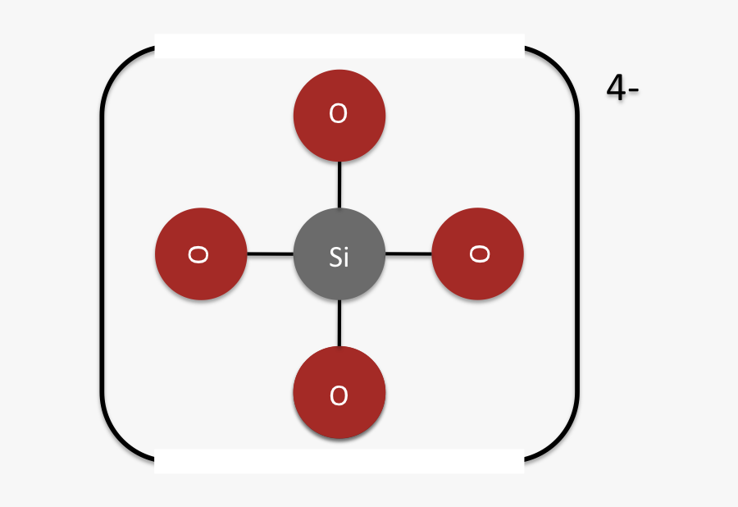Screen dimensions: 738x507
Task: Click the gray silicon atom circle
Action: (x=339, y=253)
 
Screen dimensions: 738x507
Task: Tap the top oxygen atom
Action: (x=339, y=116)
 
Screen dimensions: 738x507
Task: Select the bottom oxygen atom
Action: (x=339, y=392)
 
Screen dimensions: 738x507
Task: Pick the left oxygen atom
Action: (x=201, y=253)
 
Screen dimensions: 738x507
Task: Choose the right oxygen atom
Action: (x=478, y=253)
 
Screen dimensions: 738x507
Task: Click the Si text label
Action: (x=339, y=257)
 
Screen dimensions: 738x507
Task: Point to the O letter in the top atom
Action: (x=339, y=113)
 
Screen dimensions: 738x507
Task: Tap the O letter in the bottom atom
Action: (x=339, y=395)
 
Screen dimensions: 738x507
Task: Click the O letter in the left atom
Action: (x=198, y=254)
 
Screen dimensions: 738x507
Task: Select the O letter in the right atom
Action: (x=480, y=253)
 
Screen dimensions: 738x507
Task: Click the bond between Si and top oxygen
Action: (x=339, y=185)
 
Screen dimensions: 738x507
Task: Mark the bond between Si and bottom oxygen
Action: (x=339, y=323)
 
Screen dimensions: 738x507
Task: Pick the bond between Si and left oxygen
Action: (x=270, y=254)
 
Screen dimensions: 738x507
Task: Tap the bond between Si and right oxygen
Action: (x=408, y=253)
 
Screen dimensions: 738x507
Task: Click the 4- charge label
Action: (x=622, y=88)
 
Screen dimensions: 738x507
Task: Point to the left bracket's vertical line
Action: (x=102, y=253)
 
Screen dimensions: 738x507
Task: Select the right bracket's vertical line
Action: (x=576, y=253)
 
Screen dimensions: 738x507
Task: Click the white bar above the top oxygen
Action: (x=339, y=46)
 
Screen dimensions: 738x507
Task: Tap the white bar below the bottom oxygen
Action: (x=339, y=461)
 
